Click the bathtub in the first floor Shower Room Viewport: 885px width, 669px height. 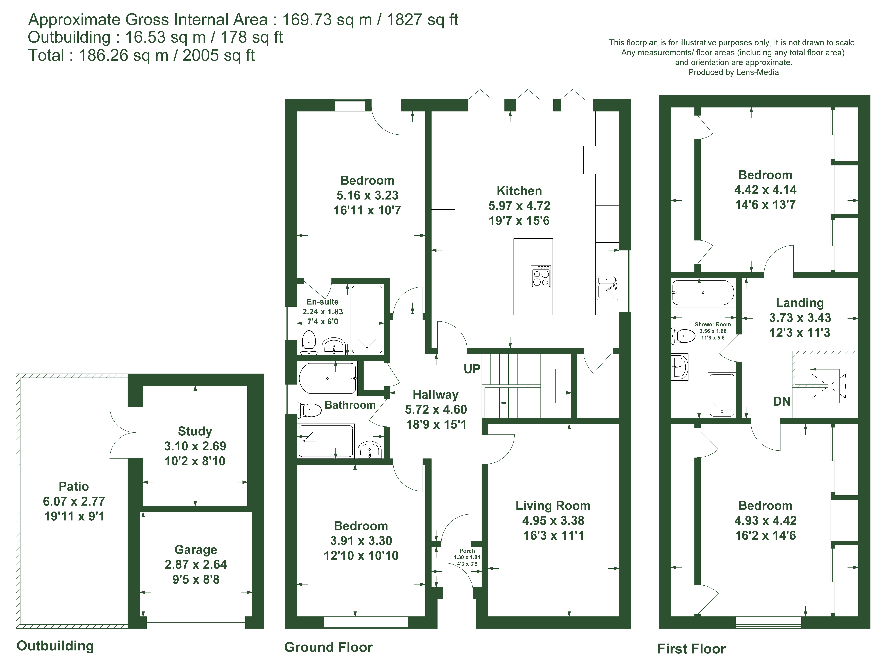[x=703, y=293]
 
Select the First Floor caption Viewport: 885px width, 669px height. [x=691, y=649]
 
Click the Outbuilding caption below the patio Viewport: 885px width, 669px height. [x=55, y=646]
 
